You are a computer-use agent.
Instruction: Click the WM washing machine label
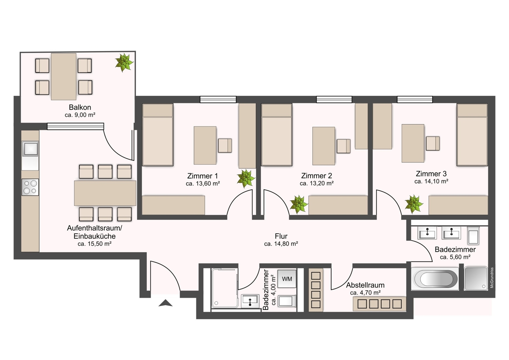click(287, 278)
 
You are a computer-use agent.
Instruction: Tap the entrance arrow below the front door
click(166, 303)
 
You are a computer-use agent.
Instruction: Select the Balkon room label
click(80, 107)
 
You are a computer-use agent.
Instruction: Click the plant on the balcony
click(124, 62)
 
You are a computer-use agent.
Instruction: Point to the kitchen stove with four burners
click(30, 187)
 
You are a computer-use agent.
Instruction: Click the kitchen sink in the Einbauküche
click(30, 149)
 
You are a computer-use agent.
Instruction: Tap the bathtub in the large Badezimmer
click(434, 279)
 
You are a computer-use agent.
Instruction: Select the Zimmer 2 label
click(317, 175)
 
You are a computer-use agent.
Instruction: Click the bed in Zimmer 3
click(472, 135)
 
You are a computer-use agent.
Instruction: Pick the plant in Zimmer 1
click(246, 179)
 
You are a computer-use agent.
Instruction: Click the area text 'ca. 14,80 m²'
click(281, 244)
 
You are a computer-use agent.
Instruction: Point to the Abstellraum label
click(365, 285)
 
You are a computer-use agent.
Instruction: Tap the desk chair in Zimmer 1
click(225, 146)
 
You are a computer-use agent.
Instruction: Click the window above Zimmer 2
click(334, 99)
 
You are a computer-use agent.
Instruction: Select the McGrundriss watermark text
click(492, 278)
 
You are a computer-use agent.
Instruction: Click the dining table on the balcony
click(64, 76)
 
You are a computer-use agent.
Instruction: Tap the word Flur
click(281, 236)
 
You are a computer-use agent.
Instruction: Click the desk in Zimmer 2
click(323, 146)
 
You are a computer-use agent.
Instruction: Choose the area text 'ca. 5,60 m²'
click(455, 257)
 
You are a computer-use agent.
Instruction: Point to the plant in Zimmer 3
click(414, 204)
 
